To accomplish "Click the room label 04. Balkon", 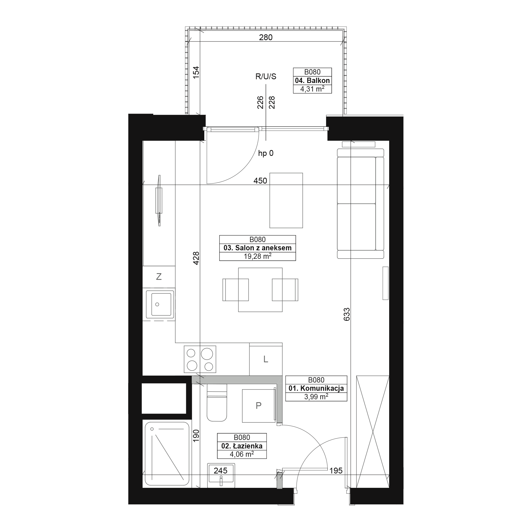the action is tap(312, 80).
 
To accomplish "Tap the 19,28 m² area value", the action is tap(257, 256).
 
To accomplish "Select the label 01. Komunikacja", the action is tap(316, 388).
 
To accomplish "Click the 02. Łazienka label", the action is tap(242, 446).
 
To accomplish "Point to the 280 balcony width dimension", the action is tap(266, 37).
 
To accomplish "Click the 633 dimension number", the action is tap(347, 314).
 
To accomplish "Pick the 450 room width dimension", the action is tap(260, 181).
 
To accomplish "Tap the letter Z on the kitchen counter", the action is tap(159, 276).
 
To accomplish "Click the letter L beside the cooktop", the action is tap(266, 359).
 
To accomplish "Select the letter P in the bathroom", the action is tap(258, 405).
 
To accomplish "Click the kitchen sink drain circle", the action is tap(157, 304).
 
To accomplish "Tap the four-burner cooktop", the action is tap(200, 359).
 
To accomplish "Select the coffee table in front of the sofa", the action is tap(286, 201).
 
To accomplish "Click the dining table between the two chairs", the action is tap(260, 290).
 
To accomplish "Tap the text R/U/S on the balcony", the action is tap(266, 77).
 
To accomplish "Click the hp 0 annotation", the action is tap(266, 153).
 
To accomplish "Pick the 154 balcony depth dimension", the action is tap(196, 73).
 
